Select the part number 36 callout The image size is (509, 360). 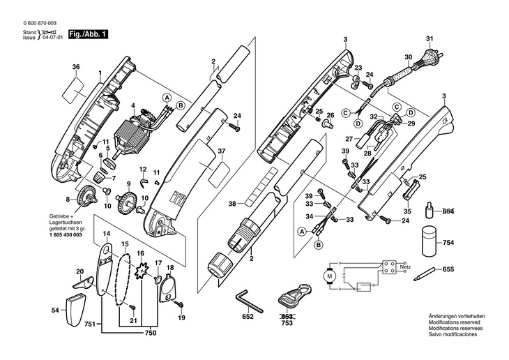(x=76, y=67)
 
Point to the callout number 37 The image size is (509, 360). (x=221, y=151)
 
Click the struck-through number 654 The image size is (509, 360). (x=448, y=211)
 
